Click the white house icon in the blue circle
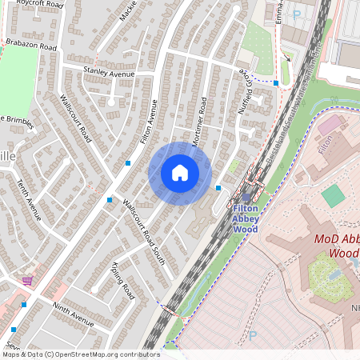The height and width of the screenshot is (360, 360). (x=180, y=173)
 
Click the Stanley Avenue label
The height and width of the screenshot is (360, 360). (x=109, y=72)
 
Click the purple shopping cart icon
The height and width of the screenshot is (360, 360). (x=27, y=280)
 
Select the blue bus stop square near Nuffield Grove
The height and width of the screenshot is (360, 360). (x=276, y=82)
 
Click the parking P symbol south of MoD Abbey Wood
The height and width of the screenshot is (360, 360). (x=254, y=335)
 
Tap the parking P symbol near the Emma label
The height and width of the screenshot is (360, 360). (x=297, y=14)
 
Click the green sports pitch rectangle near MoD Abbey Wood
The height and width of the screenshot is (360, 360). (x=332, y=196)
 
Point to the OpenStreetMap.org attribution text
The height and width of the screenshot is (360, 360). (x=80, y=354)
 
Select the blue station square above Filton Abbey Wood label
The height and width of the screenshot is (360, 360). (x=246, y=198)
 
